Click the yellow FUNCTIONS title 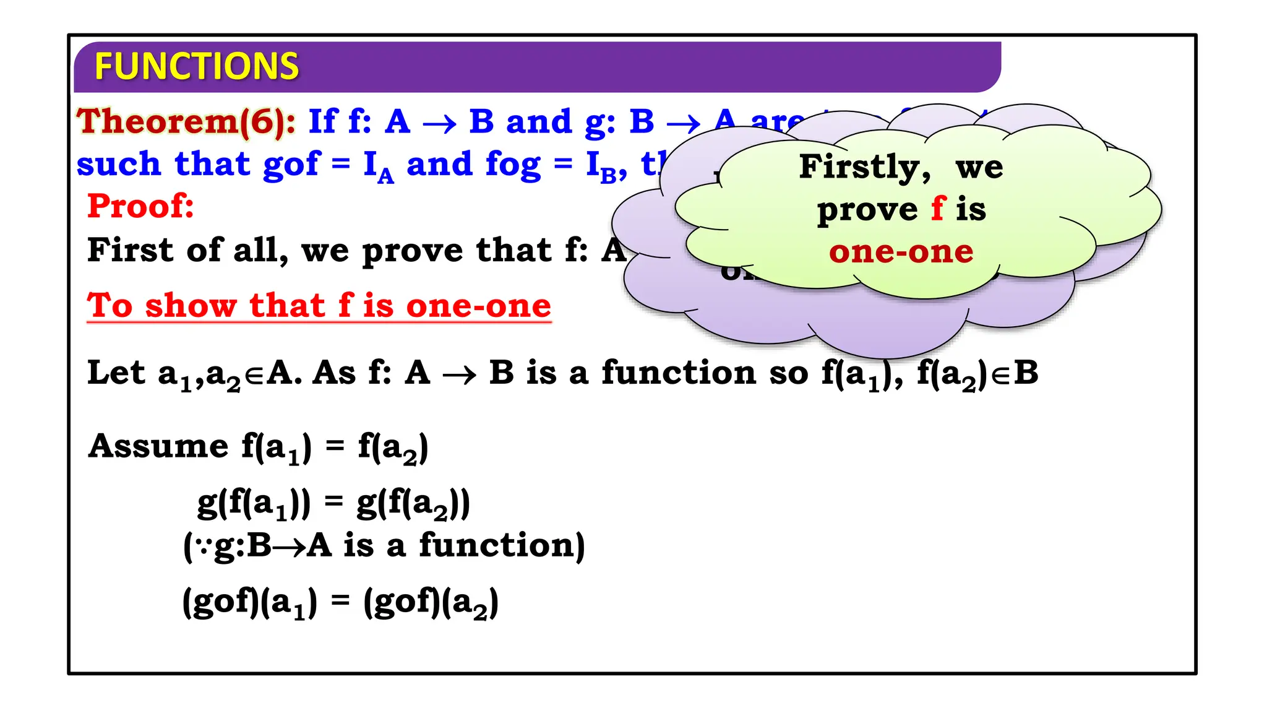(x=196, y=67)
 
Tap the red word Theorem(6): (x=186, y=121)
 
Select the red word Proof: (x=140, y=206)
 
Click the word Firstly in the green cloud (x=864, y=167)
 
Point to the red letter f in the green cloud (x=938, y=209)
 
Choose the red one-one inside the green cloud (x=901, y=252)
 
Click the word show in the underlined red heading (x=191, y=306)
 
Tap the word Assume (x=158, y=446)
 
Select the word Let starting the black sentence (x=116, y=373)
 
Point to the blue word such (x=118, y=165)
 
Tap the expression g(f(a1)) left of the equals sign (x=254, y=503)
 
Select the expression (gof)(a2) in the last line (x=431, y=602)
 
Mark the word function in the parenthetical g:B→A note (x=502, y=546)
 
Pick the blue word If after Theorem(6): (x=323, y=121)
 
